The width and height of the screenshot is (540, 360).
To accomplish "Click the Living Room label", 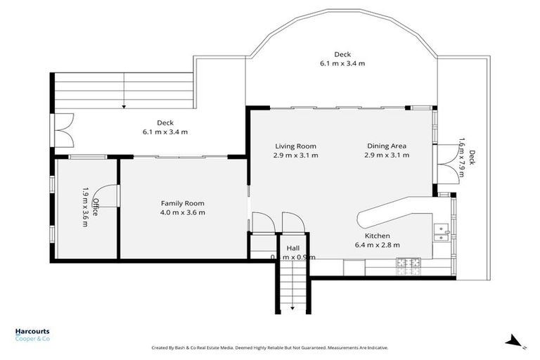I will [x=295, y=146].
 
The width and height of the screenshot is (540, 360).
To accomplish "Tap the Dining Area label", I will [x=387, y=146].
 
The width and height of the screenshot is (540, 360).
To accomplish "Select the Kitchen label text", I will [x=377, y=236].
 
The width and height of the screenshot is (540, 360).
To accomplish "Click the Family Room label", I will [x=182, y=203].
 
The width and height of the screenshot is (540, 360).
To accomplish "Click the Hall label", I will [x=292, y=248].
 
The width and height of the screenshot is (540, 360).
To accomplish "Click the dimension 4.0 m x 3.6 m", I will [x=182, y=212].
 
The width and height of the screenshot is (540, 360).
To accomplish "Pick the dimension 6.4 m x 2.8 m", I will [x=377, y=245].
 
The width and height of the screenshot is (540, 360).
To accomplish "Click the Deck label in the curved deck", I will [x=342, y=54].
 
